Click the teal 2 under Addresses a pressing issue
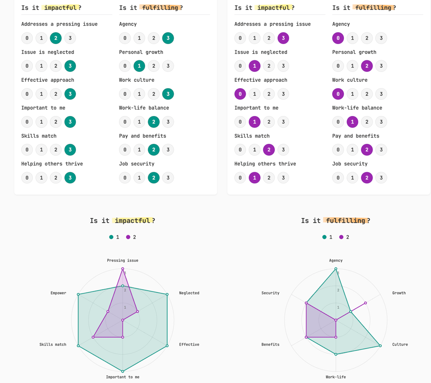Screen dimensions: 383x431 click(x=56, y=38)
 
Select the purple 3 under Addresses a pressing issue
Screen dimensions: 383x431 click(x=283, y=38)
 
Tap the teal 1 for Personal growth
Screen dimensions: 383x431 click(x=139, y=66)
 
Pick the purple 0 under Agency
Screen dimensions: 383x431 click(x=338, y=38)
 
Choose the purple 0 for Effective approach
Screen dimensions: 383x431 click(x=240, y=94)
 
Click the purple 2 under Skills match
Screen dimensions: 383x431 click(x=269, y=150)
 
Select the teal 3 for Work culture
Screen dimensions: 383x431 click(x=168, y=94)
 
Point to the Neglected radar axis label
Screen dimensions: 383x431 click(x=189, y=293)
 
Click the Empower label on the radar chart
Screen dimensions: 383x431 click(x=58, y=293)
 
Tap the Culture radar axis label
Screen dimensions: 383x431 click(x=400, y=345)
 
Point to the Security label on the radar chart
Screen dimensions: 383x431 click(x=270, y=293)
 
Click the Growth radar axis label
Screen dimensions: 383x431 click(x=399, y=293)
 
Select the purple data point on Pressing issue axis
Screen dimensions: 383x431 click(x=123, y=269)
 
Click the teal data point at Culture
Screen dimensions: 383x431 click(x=380, y=346)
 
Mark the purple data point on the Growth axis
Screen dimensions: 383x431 click(x=365, y=303)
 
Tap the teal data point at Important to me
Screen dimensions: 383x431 click(x=123, y=371)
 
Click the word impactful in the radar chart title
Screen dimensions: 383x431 click(x=132, y=221)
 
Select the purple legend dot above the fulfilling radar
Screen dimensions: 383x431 click(x=341, y=237)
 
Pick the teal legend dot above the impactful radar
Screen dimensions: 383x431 click(x=111, y=237)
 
